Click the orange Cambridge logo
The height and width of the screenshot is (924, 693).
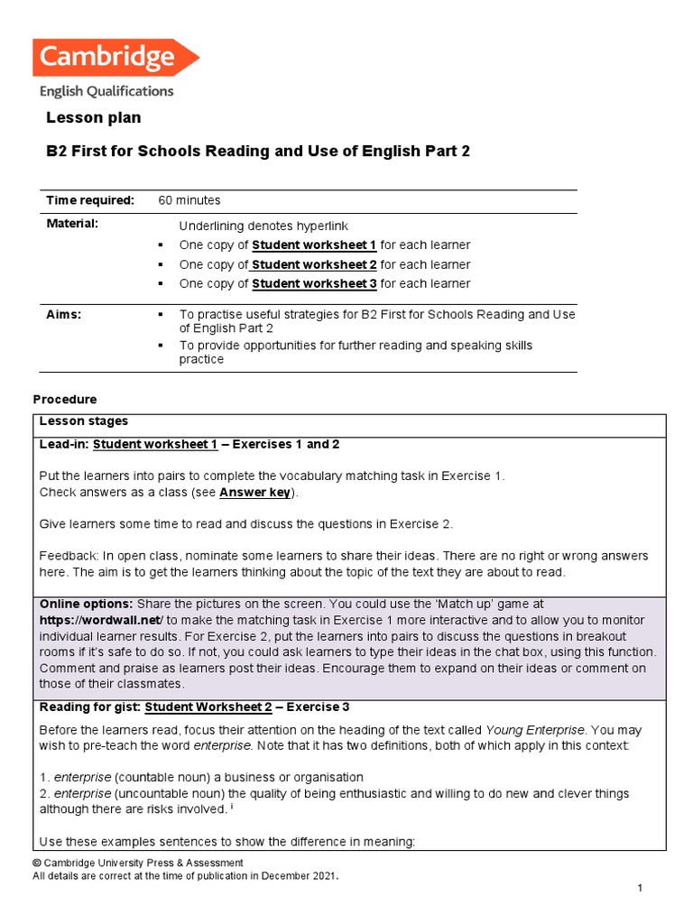pyautogui.click(x=115, y=58)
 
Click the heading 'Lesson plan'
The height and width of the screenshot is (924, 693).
pyautogui.click(x=93, y=118)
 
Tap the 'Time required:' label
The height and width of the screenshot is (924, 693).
pyautogui.click(x=90, y=200)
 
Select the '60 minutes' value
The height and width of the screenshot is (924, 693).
pyautogui.click(x=189, y=200)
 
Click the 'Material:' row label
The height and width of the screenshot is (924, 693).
pyautogui.click(x=72, y=223)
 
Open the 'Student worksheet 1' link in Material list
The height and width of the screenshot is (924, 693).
pyautogui.click(x=314, y=245)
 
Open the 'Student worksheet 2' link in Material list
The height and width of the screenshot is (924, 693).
pyautogui.click(x=314, y=264)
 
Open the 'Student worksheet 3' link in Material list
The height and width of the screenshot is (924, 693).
pyautogui.click(x=314, y=283)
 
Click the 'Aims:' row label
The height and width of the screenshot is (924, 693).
pyautogui.click(x=64, y=314)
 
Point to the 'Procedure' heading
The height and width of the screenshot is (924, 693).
pyautogui.click(x=64, y=399)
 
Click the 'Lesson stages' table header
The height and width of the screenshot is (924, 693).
pyautogui.click(x=83, y=421)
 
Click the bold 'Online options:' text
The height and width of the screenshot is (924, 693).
pyautogui.click(x=86, y=604)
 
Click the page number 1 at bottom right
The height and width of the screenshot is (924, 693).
pyautogui.click(x=639, y=890)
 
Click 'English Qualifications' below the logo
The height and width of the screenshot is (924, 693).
pyautogui.click(x=106, y=91)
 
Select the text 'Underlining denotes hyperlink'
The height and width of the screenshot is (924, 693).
pyautogui.click(x=263, y=226)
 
